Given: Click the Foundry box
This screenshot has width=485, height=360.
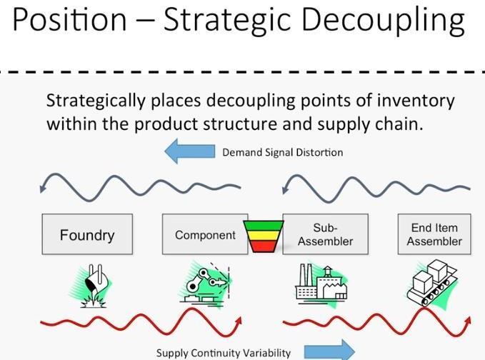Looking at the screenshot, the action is pos(87,234).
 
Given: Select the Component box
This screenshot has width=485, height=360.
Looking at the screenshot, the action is pos(205,234).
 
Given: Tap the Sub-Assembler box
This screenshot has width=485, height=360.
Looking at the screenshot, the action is pos(326,234).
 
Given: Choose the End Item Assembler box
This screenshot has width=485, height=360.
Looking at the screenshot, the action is pos(434,234).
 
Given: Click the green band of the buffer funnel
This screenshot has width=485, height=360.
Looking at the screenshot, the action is pos(264,226).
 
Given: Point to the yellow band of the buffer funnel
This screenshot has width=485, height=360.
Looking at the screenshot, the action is pos(264,236).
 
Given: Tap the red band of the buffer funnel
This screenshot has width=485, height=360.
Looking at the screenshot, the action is pos(264,246).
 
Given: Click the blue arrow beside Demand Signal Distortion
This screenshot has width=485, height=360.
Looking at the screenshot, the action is pos(190,151).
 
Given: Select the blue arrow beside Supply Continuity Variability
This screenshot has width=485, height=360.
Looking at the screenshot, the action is pos(329,351).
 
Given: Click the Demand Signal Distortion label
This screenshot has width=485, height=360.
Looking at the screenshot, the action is pos(283,152).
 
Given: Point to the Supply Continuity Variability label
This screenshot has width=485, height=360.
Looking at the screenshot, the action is pos(224,353).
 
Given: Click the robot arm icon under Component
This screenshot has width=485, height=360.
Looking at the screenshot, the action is pos(206,282).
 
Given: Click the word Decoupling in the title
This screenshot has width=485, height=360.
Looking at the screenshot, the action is pos(383,20).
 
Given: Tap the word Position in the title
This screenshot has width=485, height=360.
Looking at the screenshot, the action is pos(69,19).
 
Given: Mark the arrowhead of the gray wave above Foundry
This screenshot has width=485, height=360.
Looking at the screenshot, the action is pos(43,187).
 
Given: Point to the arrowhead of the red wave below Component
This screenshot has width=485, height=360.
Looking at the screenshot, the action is pos(238,321).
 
